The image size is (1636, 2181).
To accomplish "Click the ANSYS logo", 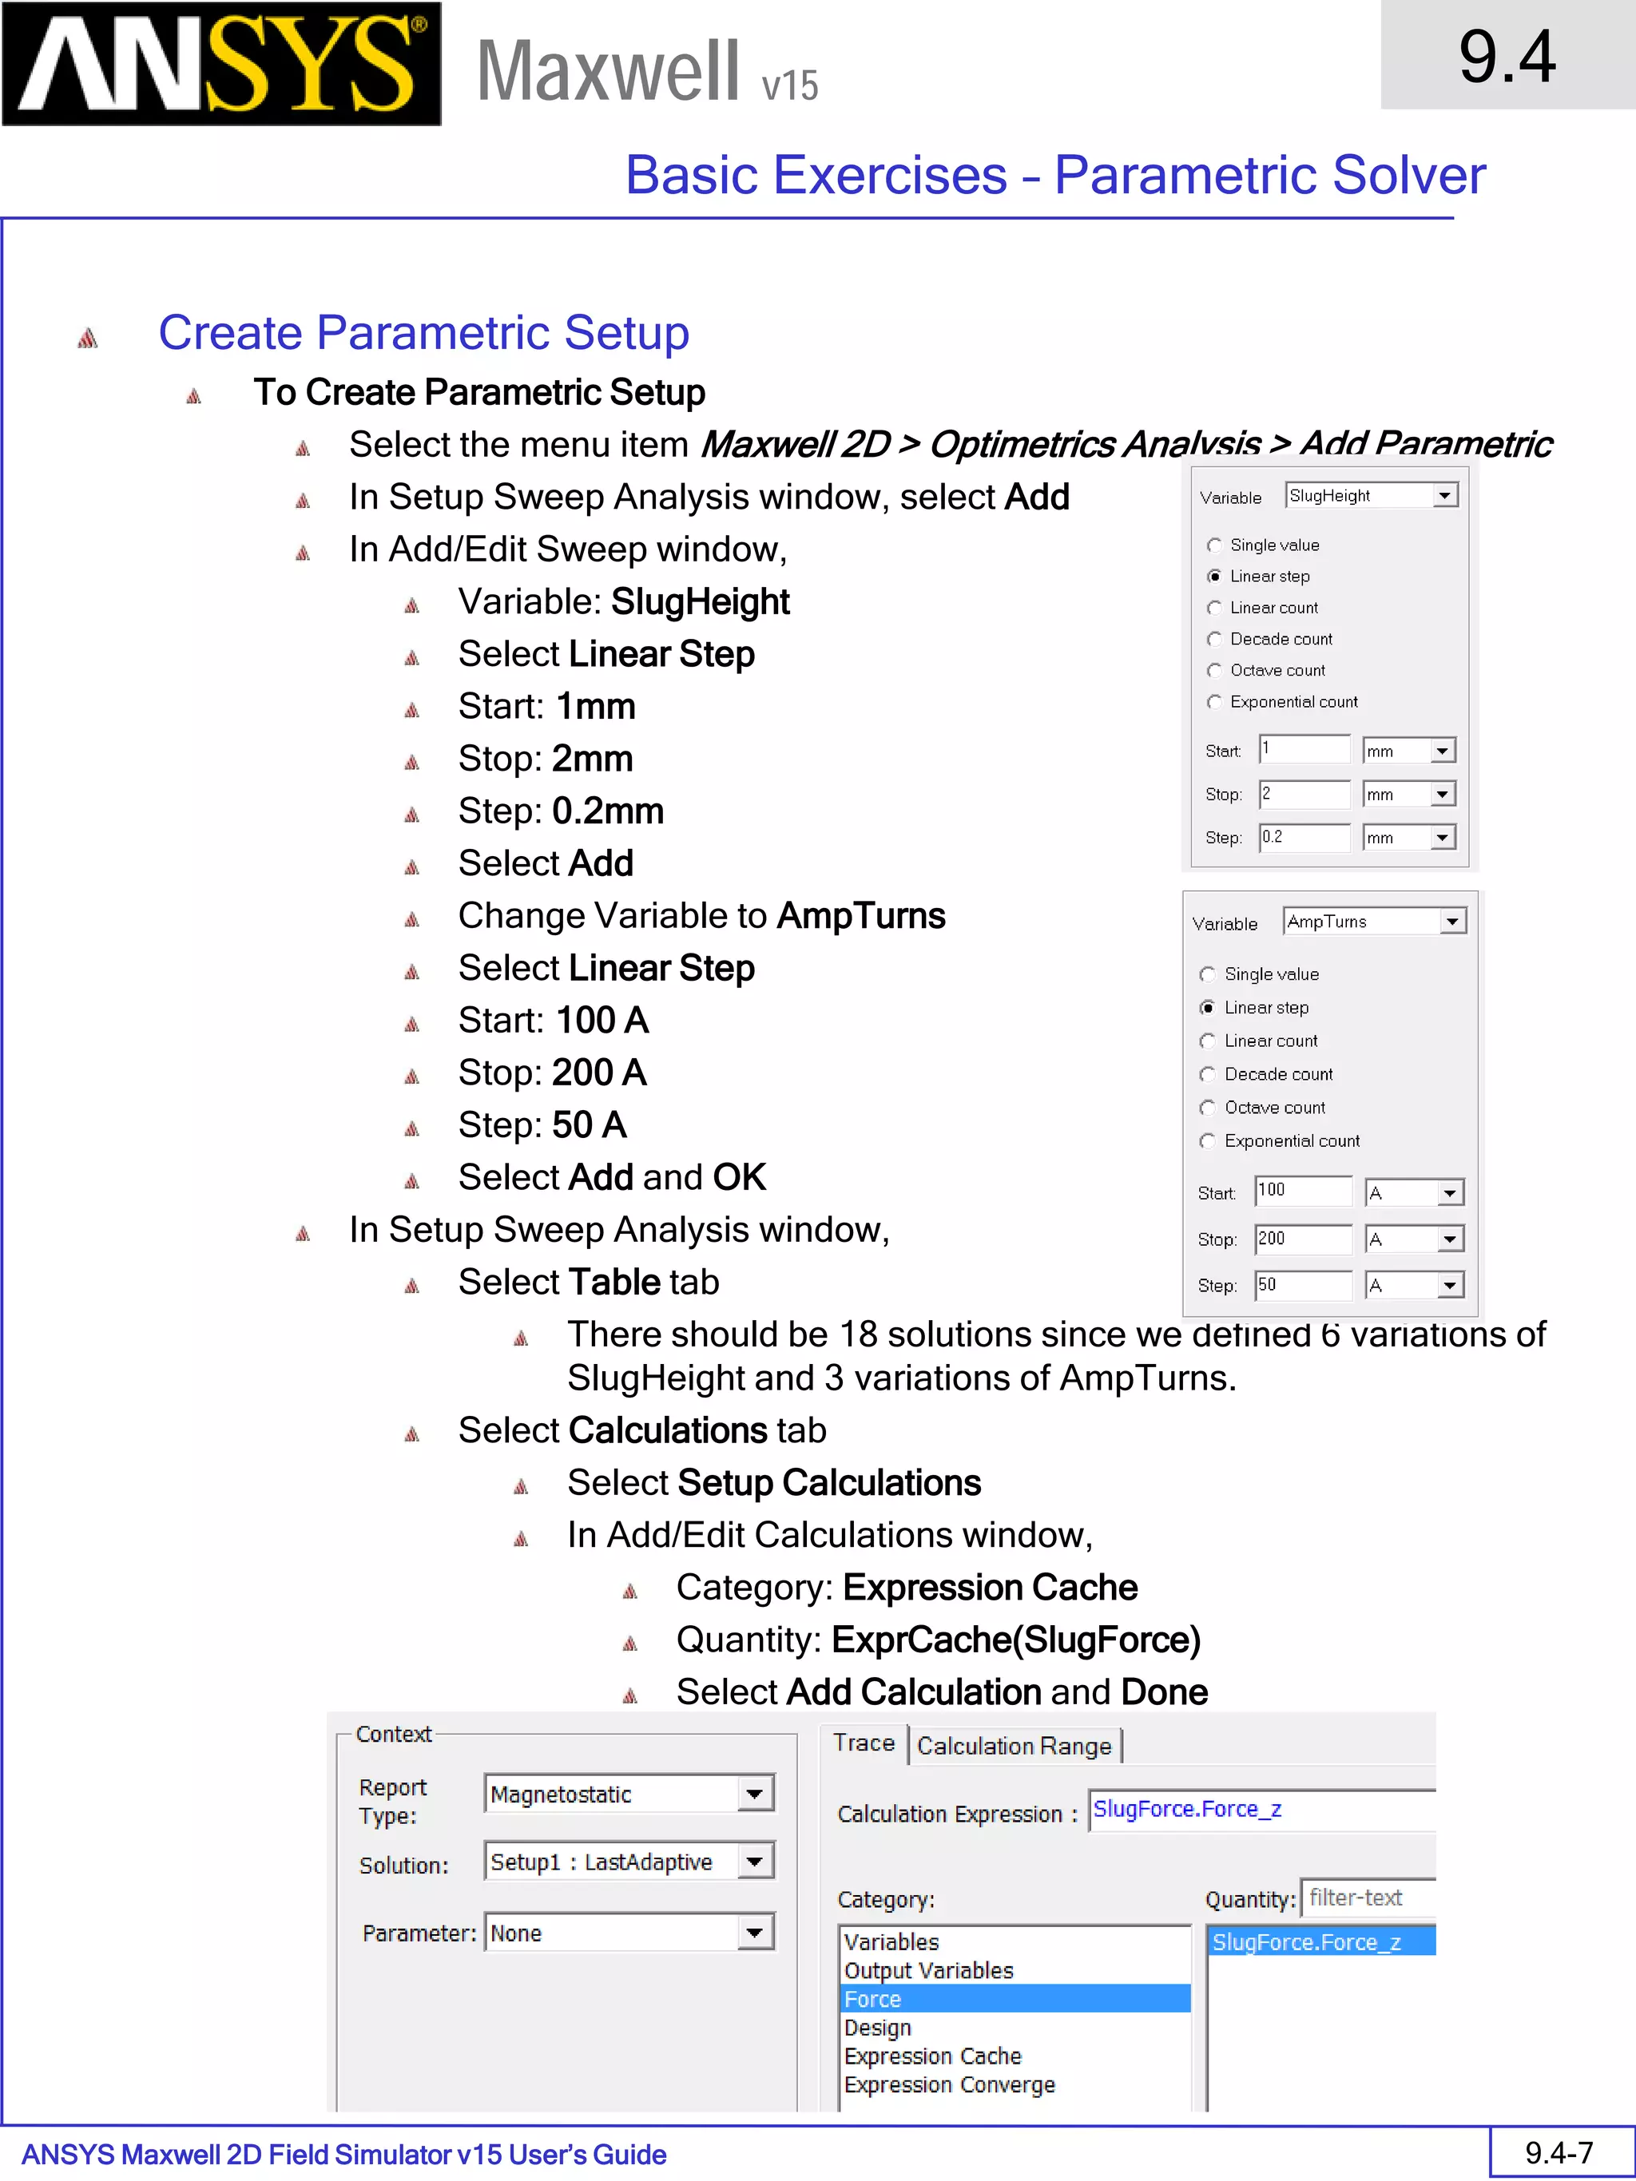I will pyautogui.click(x=222, y=64).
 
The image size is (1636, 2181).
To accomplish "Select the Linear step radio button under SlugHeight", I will pyautogui.click(x=1215, y=577).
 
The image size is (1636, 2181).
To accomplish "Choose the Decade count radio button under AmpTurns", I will pyautogui.click(x=1208, y=1074).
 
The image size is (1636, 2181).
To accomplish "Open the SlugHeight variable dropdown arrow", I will pyautogui.click(x=1445, y=496).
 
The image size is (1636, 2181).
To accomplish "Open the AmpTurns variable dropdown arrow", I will pyautogui.click(x=1451, y=922).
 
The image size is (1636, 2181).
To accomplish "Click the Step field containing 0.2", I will pyautogui.click(x=1304, y=837).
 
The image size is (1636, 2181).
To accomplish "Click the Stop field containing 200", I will pyautogui.click(x=1302, y=1239).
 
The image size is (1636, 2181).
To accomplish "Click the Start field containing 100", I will pyautogui.click(x=1302, y=1190).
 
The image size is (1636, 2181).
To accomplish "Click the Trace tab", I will pyautogui.click(x=864, y=1743).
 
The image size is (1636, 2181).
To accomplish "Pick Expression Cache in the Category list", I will pyautogui.click(x=933, y=2056).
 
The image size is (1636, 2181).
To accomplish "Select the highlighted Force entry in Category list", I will pyautogui.click(x=874, y=1999).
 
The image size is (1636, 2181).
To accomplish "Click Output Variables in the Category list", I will pyautogui.click(x=929, y=1970).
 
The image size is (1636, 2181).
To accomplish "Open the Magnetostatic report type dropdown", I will pyautogui.click(x=754, y=1794).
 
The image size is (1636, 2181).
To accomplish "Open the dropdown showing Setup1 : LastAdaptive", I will pyautogui.click(x=754, y=1862).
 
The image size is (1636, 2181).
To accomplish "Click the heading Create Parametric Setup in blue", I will pyautogui.click(x=424, y=333).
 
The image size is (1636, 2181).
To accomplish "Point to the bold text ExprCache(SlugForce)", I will pyautogui.click(x=1016, y=1640).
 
